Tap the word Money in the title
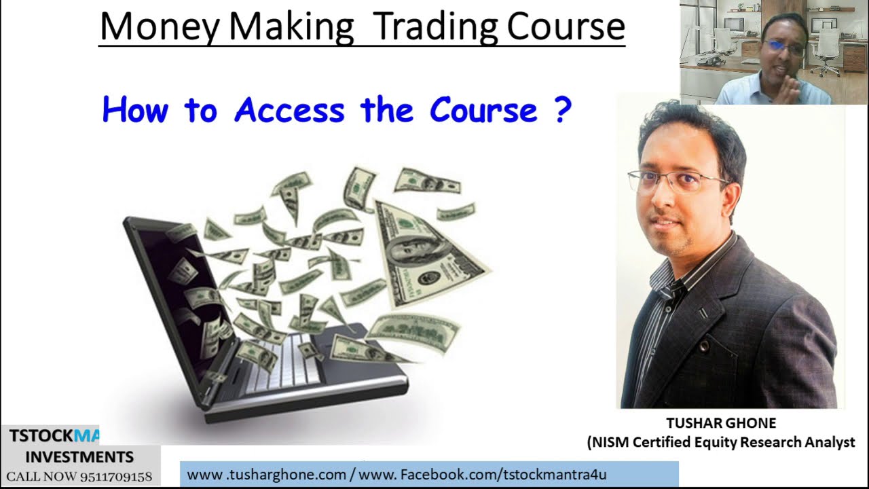click(160, 27)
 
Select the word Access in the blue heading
click(289, 109)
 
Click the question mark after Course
click(562, 109)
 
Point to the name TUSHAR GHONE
click(720, 423)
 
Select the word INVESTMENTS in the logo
click(79, 456)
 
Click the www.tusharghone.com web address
click(267, 475)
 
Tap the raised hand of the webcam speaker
click(790, 85)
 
